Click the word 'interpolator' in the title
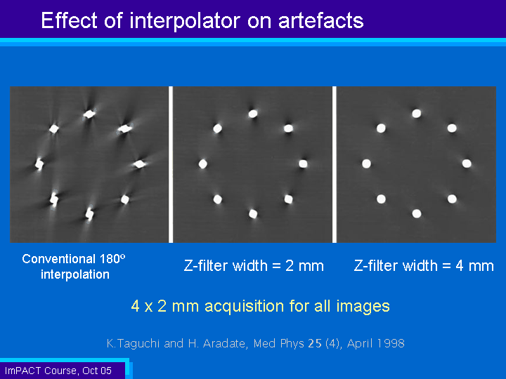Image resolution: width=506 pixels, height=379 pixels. click(185, 21)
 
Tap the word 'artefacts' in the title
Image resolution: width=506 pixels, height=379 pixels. click(320, 20)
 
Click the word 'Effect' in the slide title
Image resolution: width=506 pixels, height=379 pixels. click(70, 20)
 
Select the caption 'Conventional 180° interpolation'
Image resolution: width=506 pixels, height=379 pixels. click(74, 267)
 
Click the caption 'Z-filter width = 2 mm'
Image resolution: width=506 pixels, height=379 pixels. click(254, 266)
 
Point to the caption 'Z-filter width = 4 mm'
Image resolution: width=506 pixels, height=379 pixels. click(424, 266)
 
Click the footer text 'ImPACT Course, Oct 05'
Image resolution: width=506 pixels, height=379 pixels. click(58, 371)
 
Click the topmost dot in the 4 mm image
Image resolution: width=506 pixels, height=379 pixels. click(417, 114)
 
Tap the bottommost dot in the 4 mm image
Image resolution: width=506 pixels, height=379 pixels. click(417, 213)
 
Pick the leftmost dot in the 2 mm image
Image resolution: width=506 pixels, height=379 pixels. click(202, 164)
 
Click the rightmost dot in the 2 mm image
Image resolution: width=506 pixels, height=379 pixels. click(303, 164)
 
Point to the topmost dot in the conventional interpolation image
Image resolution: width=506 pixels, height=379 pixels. click(89, 114)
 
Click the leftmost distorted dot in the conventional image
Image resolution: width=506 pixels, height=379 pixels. click(39, 164)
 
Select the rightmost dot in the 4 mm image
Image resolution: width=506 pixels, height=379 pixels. click(467, 164)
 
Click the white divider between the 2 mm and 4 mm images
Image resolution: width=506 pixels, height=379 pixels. click(335, 164)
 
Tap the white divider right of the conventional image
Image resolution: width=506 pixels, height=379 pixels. click(171, 164)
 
